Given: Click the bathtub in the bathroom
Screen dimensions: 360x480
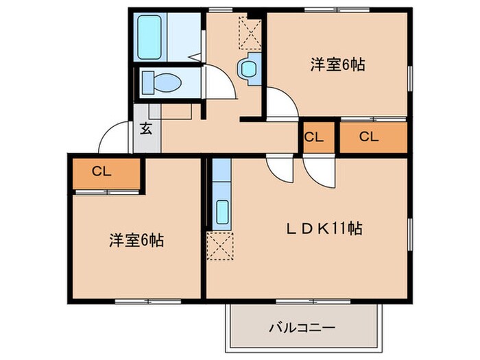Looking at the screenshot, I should (x=149, y=37).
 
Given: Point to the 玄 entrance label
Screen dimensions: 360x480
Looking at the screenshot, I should (x=147, y=128).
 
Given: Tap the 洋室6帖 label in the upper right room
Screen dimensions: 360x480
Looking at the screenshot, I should (x=337, y=65).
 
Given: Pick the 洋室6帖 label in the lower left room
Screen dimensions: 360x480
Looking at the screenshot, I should (x=136, y=241).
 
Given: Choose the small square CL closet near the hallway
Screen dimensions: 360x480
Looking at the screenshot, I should (x=313, y=136).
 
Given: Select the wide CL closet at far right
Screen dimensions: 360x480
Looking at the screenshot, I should (x=369, y=136).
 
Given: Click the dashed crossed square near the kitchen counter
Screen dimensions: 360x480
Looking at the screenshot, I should (x=221, y=245).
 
